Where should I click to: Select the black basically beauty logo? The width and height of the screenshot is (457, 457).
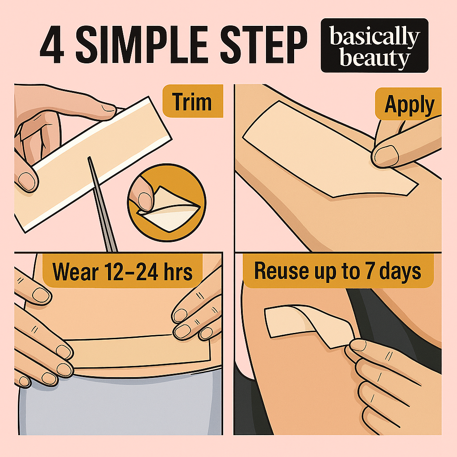[374, 46]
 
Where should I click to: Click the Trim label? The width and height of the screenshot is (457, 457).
[192, 102]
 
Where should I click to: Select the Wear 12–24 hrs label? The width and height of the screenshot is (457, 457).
[122, 271]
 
